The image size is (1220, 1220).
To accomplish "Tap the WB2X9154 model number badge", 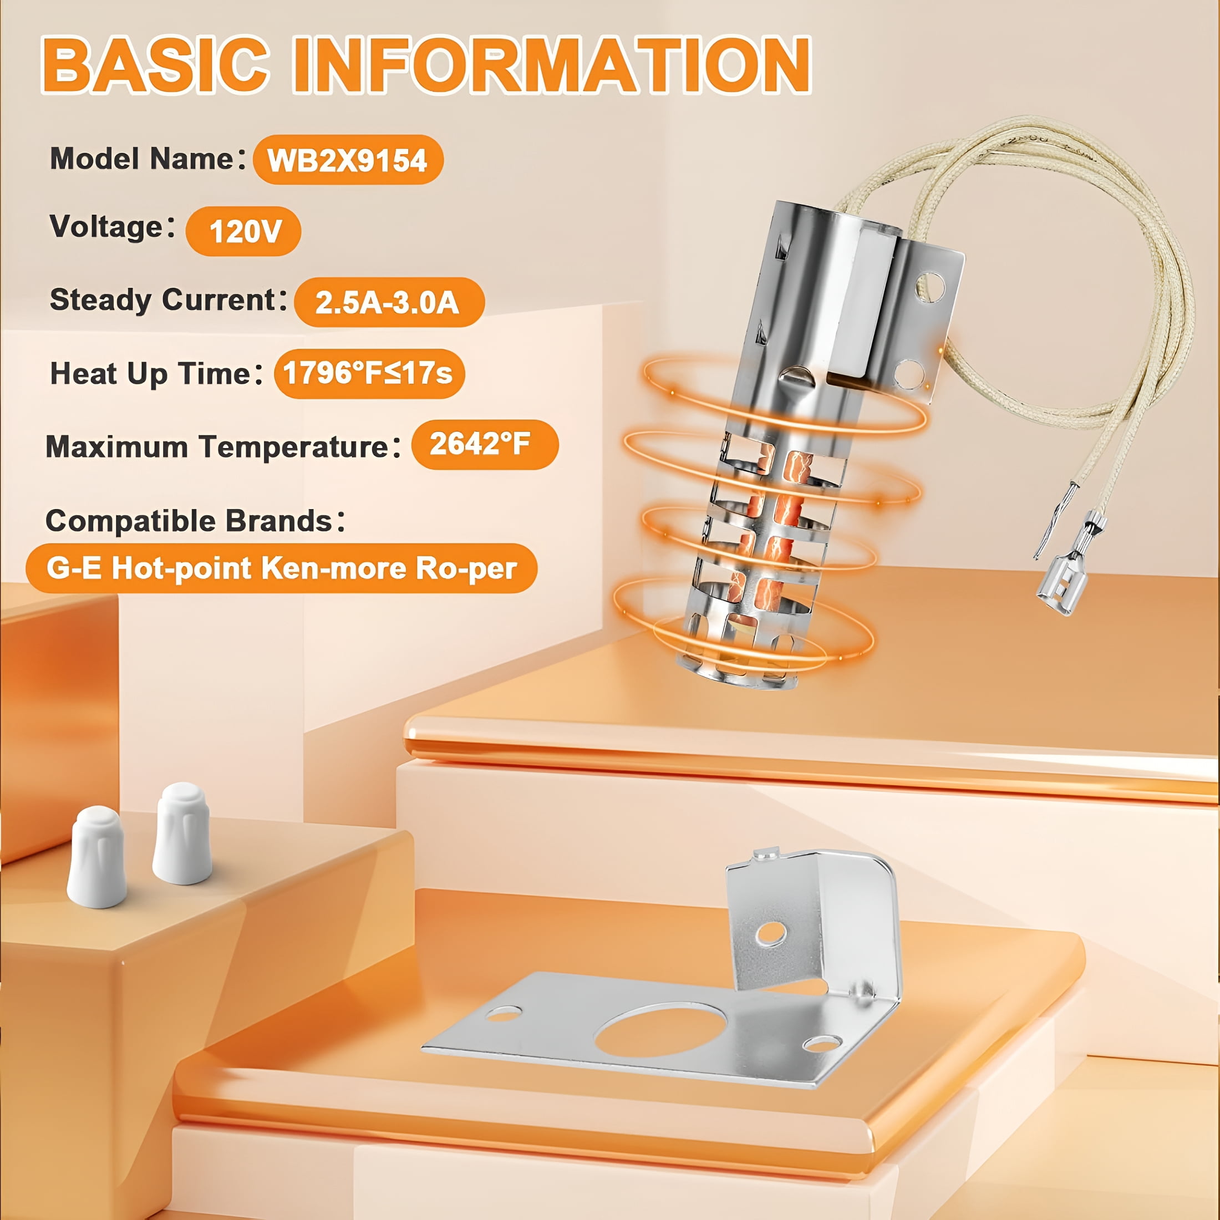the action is (348, 160).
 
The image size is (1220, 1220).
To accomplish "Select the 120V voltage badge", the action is (243, 231).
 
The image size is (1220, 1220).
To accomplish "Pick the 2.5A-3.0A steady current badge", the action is (389, 302).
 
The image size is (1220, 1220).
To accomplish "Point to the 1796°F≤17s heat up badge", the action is (369, 373).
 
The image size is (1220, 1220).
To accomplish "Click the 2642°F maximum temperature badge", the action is (484, 444).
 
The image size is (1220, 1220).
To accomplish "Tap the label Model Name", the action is (143, 159).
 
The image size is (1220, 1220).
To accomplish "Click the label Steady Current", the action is (163, 299).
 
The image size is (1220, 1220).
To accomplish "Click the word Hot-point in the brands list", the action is (182, 568).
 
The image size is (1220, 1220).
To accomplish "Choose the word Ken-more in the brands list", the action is (333, 568).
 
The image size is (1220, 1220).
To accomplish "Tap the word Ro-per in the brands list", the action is (466, 569).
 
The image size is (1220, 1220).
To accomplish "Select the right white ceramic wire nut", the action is (182, 833).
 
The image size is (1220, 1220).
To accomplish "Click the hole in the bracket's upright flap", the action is (771, 933).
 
